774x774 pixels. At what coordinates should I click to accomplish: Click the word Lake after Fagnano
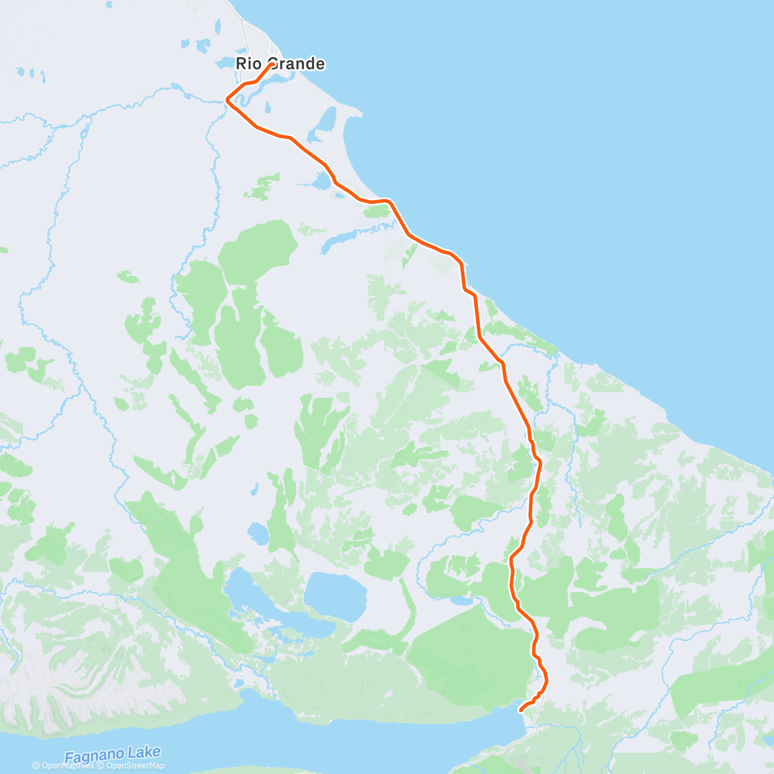click(x=144, y=753)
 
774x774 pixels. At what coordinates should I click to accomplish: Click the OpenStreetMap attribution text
click(x=135, y=766)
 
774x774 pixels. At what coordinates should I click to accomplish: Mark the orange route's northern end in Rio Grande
click(x=268, y=64)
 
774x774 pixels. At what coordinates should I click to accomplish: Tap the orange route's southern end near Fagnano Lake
click(x=521, y=710)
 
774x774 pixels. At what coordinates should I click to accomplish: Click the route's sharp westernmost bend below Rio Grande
click(x=226, y=100)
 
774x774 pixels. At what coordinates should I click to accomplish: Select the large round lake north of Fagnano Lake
click(x=335, y=595)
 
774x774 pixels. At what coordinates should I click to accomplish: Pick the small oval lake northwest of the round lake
click(x=258, y=533)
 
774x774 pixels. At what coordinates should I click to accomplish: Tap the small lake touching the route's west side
click(x=321, y=181)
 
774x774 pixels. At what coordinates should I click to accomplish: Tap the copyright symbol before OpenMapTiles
click(x=36, y=766)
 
